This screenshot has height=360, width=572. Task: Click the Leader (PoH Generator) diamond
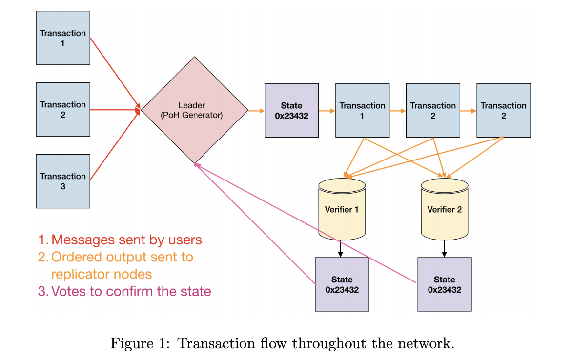[194, 110]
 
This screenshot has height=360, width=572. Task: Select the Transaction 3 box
[63, 181]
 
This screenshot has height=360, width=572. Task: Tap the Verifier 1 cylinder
[342, 209]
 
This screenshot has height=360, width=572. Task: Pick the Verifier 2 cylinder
[444, 209]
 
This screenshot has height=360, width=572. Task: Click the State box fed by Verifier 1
[342, 284]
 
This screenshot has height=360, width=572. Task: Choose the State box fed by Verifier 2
[445, 284]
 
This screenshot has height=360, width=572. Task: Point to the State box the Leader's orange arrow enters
[291, 111]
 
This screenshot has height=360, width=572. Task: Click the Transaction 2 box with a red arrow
[63, 109]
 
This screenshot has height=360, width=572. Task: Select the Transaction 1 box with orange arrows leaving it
[362, 111]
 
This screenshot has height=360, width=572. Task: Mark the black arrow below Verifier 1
[340, 249]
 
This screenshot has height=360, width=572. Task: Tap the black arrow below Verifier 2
[444, 249]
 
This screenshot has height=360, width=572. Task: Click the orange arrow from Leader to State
[256, 111]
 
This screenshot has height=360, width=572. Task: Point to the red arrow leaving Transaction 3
[115, 144]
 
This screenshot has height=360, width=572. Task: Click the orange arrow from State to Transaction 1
[327, 111]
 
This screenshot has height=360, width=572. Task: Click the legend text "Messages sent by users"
[126, 240]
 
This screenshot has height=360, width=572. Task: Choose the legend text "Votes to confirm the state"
[131, 291]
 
